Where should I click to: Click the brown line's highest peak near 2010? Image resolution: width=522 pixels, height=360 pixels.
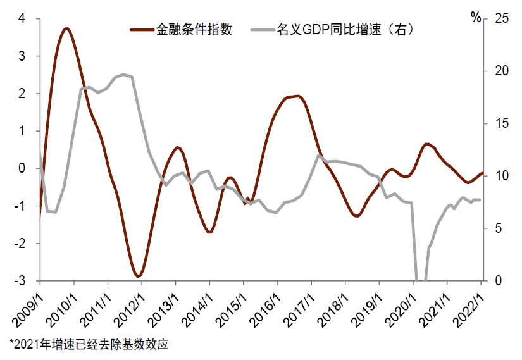pos(66,28)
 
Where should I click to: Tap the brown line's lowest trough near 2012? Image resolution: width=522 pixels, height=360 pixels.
pos(138,276)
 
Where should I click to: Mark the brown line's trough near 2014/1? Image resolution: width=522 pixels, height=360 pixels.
pos(209,232)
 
